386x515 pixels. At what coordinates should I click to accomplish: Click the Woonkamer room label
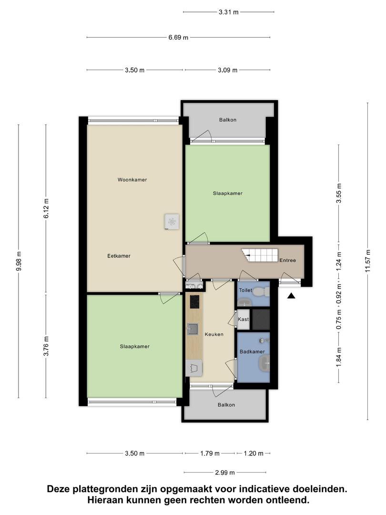pyautogui.click(x=132, y=180)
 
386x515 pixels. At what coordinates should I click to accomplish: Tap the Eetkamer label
pyautogui.click(x=119, y=256)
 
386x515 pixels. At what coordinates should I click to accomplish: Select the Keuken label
pyautogui.click(x=214, y=334)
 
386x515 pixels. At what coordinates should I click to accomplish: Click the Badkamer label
pyautogui.click(x=252, y=351)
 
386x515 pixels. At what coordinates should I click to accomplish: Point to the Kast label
pyautogui.click(x=243, y=319)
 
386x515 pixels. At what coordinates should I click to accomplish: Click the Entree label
pyautogui.click(x=287, y=260)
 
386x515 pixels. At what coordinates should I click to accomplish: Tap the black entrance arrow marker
pyautogui.click(x=291, y=296)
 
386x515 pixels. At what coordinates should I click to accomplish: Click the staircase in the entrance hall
pyautogui.click(x=260, y=255)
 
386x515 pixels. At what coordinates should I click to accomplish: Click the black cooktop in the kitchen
pyautogui.click(x=194, y=301)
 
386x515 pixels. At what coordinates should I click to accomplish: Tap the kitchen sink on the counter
pyautogui.click(x=193, y=329)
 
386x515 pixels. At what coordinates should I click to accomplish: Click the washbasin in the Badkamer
pyautogui.click(x=264, y=363)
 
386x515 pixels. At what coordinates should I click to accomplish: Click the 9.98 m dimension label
pyautogui.click(x=19, y=261)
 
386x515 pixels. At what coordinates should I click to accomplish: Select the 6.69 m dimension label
pyautogui.click(x=178, y=38)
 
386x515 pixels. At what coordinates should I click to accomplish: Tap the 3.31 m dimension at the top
pyautogui.click(x=228, y=12)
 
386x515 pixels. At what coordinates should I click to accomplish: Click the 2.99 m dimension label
pyautogui.click(x=225, y=473)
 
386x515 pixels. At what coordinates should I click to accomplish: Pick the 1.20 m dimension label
pyautogui.click(x=254, y=453)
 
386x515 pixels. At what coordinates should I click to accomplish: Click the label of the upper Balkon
pyautogui.click(x=228, y=120)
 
